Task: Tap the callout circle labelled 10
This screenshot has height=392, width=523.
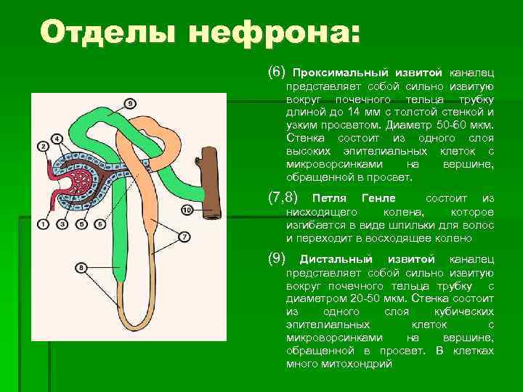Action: coord(187,211)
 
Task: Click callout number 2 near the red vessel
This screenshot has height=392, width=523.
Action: coord(44,147)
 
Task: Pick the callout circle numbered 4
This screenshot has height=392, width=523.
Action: coord(57,138)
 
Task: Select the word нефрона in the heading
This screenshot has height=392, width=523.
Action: coord(254,33)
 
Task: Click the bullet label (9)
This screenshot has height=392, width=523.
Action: coord(278,258)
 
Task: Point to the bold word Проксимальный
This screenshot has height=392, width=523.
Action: coord(339,73)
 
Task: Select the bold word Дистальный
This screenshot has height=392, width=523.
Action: coord(336,259)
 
